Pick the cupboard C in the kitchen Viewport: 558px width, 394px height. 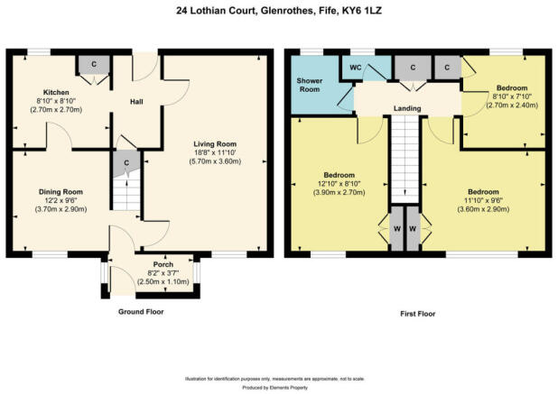point(95,65)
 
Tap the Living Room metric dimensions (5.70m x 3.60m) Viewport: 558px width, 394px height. point(213,162)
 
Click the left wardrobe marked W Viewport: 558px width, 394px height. point(397,229)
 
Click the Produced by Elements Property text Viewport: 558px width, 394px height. point(278,387)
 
